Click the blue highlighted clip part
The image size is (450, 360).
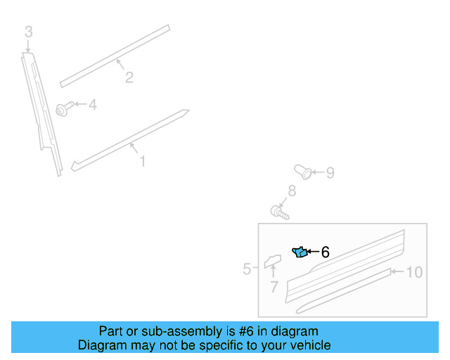tap(300, 252)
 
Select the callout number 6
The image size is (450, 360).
tap(325, 252)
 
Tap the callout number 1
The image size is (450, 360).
tap(142, 162)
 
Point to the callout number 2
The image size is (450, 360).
tap(129, 77)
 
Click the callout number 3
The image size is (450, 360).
tap(28, 32)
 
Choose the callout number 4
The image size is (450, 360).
tap(92, 105)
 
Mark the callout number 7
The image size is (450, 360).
tap(274, 287)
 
